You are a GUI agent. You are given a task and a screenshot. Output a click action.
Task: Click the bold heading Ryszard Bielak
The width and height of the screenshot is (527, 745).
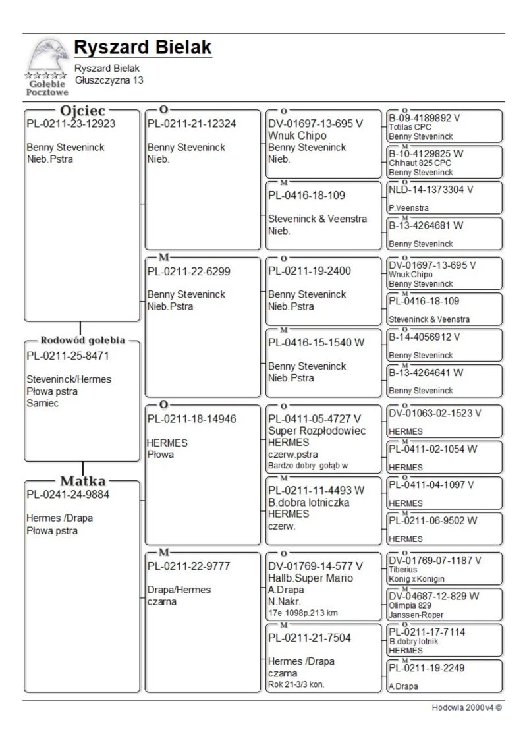pyautogui.click(x=142, y=47)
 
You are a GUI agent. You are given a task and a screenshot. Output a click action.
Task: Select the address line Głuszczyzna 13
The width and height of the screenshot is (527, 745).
pyautogui.click(x=109, y=80)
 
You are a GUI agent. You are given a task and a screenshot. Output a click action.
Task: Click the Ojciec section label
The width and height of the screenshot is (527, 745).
pyautogui.click(x=82, y=111)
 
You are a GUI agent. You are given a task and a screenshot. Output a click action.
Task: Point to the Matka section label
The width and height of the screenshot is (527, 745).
pyautogui.click(x=83, y=481)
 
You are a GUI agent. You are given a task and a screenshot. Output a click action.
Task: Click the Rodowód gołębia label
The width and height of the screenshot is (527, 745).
pyautogui.click(x=83, y=341)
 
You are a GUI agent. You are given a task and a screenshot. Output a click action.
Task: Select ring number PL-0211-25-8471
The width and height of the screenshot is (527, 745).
pyautogui.click(x=68, y=356)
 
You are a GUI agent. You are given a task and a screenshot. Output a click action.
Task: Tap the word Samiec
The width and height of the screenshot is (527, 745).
pyautogui.click(x=43, y=403)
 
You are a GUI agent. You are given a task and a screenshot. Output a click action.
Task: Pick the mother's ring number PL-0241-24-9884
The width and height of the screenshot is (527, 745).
pyautogui.click(x=68, y=495)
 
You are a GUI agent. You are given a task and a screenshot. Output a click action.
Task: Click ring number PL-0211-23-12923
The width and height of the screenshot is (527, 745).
pyautogui.click(x=70, y=123)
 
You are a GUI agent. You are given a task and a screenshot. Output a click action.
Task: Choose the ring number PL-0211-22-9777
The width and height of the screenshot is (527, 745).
pyautogui.click(x=188, y=566)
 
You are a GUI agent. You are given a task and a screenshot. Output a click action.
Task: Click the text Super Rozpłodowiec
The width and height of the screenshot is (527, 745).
pyautogui.click(x=317, y=431)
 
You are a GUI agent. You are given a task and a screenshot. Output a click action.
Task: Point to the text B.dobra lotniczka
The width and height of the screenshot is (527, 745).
pyautogui.click(x=309, y=503)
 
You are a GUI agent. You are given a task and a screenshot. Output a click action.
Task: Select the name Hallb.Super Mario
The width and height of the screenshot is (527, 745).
pyautogui.click(x=310, y=578)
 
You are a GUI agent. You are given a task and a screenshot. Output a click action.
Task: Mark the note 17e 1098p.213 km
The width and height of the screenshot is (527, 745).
pyautogui.click(x=303, y=613)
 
